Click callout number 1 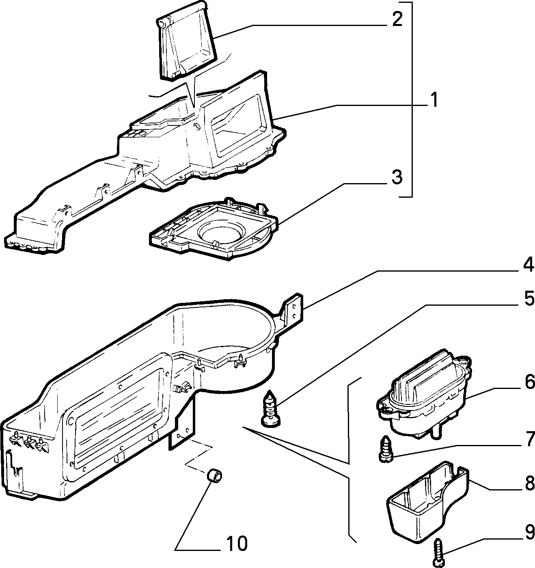[x=434, y=100]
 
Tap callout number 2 [x=397, y=19]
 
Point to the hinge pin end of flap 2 [x=163, y=23]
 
